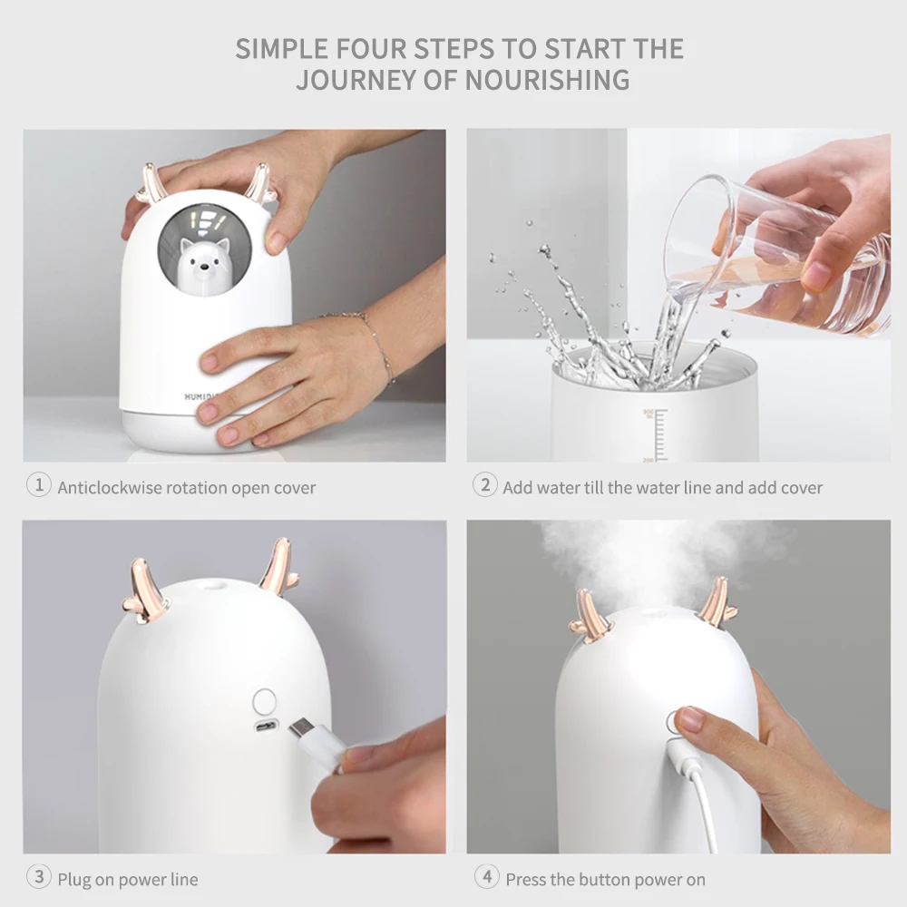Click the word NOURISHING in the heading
547,80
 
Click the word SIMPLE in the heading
282,49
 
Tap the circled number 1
39,484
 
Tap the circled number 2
484,484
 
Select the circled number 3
39,877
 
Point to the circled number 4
486,877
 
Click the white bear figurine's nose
203,268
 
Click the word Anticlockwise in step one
110,488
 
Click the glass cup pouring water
775,255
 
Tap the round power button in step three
264,702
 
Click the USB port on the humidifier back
267,727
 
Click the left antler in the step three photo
147,590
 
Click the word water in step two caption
559,488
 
